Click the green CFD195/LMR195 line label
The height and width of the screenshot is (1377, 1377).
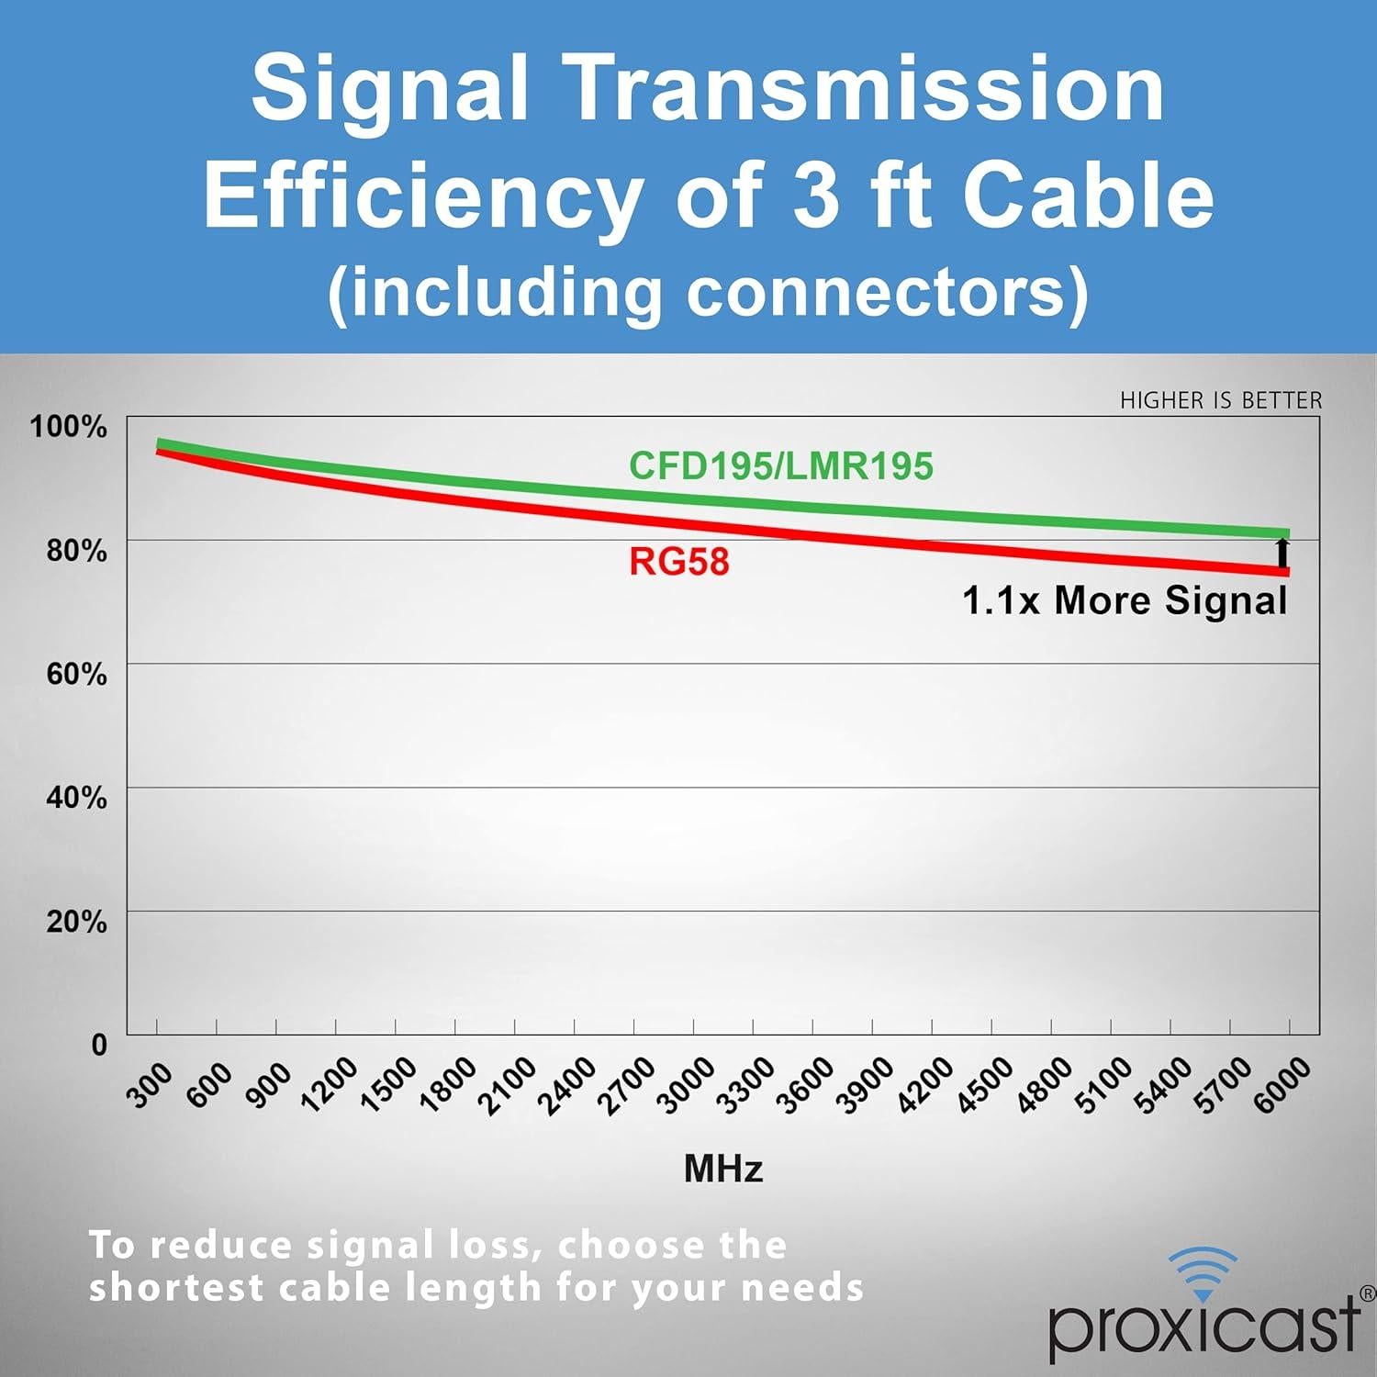[x=780, y=466]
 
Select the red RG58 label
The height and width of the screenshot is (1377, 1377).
[x=679, y=562]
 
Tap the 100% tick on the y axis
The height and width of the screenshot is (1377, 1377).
[x=69, y=426]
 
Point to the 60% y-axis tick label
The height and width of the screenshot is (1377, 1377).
[x=76, y=674]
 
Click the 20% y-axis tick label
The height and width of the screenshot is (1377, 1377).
[x=76, y=921]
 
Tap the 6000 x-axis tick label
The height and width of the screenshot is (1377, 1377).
[x=1282, y=1086]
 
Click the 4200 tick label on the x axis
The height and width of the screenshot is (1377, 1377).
[x=924, y=1087]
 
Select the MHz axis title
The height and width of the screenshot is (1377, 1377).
[x=723, y=1169]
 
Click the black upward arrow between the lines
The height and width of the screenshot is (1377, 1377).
[x=1282, y=554]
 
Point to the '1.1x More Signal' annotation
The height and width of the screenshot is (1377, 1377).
[x=1125, y=601]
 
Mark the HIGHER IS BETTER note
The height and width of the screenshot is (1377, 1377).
[x=1221, y=400]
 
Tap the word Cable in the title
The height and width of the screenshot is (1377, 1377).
[x=1088, y=195]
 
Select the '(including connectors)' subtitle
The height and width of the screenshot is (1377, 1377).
[x=708, y=292]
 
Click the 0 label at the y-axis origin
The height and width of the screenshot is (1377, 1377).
[x=99, y=1045]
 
